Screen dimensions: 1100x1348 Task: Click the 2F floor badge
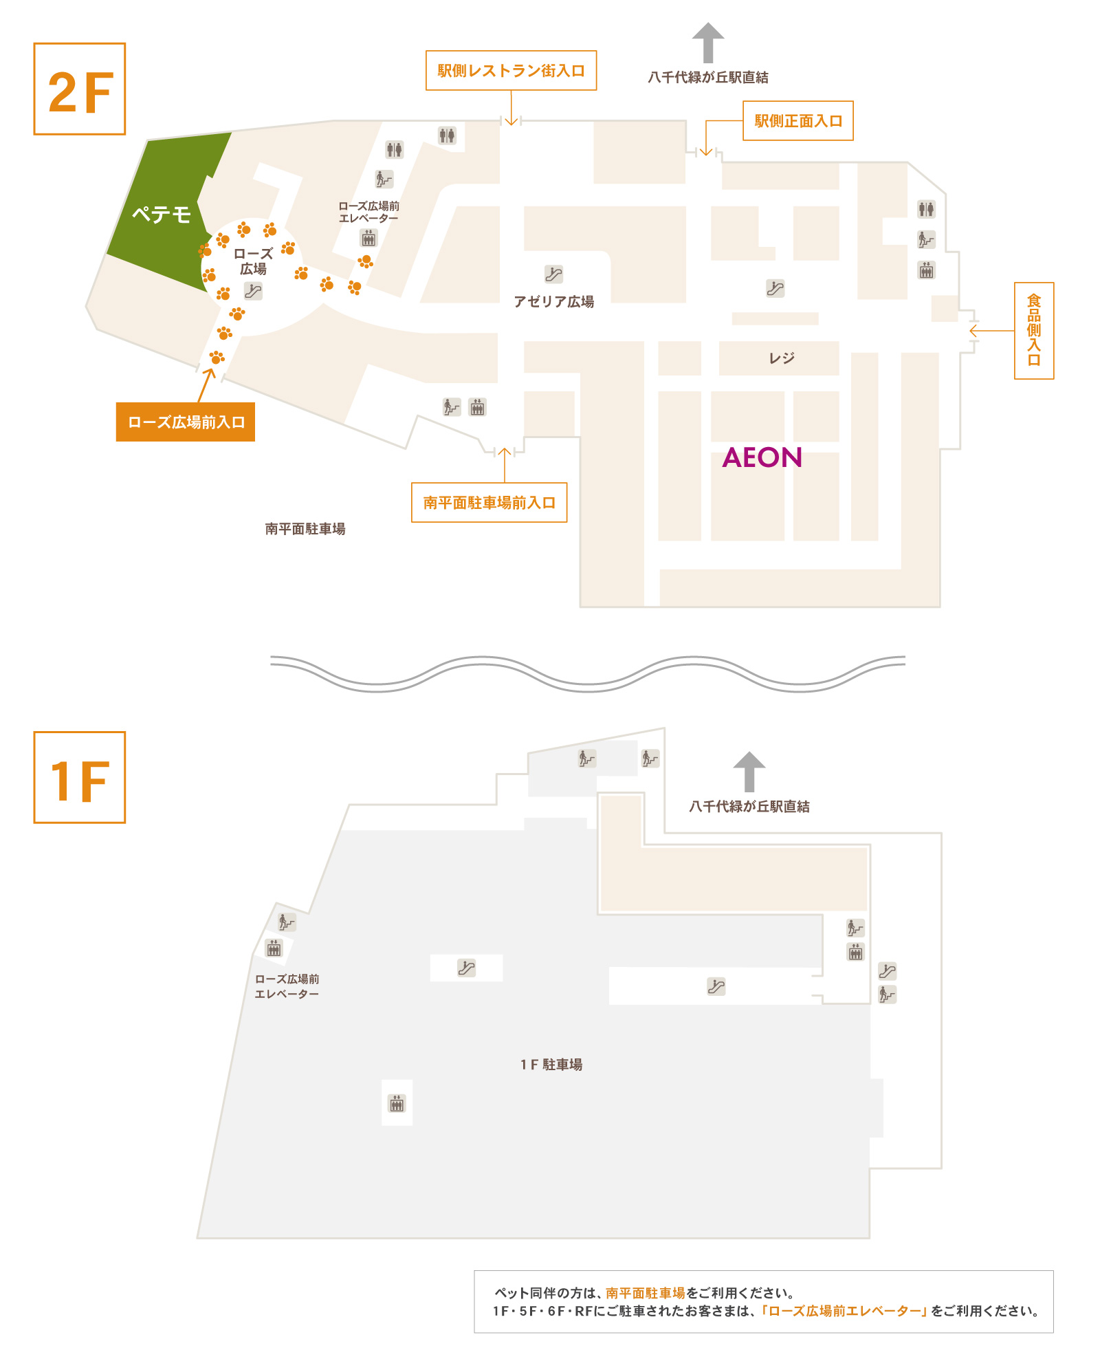coord(80,89)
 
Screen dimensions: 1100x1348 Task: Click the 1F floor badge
coord(80,777)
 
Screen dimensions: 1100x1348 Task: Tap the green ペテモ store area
coord(162,214)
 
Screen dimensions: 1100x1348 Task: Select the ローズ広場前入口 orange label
coord(186,422)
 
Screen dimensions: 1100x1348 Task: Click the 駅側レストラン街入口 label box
coord(511,70)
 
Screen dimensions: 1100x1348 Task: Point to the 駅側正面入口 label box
coord(797,121)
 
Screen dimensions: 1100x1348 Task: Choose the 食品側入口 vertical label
coord(1034,330)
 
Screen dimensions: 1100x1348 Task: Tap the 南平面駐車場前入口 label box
coord(489,503)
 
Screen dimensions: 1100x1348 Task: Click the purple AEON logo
coord(762,457)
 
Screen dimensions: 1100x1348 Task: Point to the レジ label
coord(782,358)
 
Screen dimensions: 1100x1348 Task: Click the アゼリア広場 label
coord(554,301)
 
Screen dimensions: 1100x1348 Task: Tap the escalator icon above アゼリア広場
coord(553,274)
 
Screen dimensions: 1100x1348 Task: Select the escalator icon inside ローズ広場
coord(253,291)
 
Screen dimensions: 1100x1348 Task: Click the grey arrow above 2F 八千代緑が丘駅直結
coord(707,43)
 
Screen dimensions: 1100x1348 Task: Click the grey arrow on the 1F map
coord(749,772)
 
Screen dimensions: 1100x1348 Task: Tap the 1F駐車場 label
coord(551,1065)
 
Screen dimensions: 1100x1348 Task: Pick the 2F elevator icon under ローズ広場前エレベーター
coord(368,239)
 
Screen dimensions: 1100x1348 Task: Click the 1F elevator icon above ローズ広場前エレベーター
coord(274,949)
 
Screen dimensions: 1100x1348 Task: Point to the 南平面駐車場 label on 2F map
coord(305,529)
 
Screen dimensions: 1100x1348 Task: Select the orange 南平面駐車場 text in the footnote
coord(646,1293)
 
